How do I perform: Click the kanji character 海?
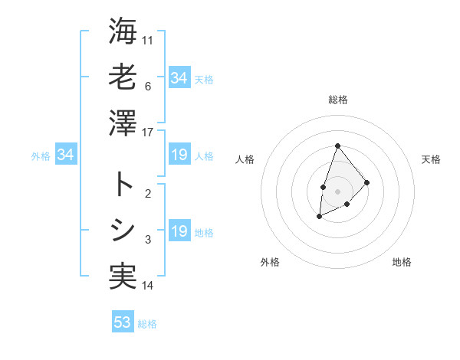coord(123,32)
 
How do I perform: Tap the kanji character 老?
coord(123,77)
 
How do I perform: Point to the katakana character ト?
coord(123,185)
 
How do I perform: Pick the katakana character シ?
coord(123,231)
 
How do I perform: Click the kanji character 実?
coord(123,277)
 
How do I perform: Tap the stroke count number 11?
coord(148,40)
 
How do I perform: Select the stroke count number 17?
coord(148,133)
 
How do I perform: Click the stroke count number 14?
coord(148,286)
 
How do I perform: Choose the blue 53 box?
coord(123,322)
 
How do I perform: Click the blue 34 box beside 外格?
coord(66,155)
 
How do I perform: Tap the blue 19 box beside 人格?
coord(179,155)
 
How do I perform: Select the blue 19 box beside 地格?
coord(179,231)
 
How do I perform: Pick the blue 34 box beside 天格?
coord(179,78)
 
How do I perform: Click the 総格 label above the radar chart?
coord(337,100)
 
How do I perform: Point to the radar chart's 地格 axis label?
coord(402,262)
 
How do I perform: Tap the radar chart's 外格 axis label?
coord(270,262)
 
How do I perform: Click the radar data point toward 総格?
coord(337,146)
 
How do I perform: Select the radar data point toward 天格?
coord(367,182)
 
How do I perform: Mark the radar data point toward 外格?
coord(320,217)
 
